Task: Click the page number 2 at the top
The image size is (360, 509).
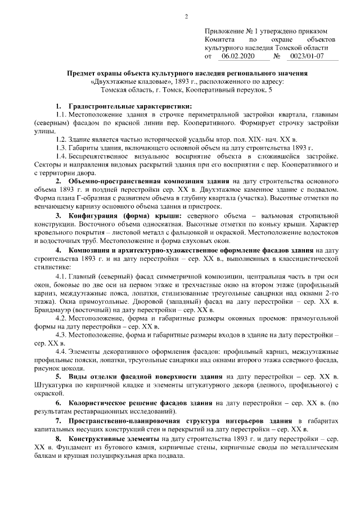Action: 186,15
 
